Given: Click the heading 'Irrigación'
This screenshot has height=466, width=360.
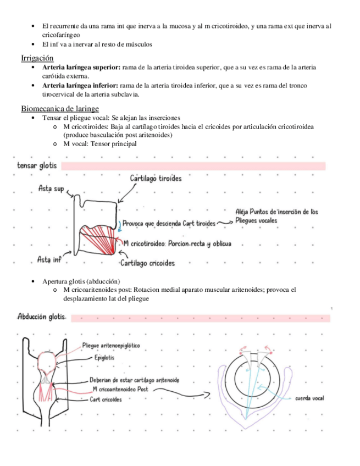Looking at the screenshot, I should coord(37,58).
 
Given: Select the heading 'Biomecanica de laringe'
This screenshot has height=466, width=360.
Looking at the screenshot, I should coord(60,108).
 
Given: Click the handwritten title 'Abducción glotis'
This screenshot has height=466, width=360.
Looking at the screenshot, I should coord(42,317).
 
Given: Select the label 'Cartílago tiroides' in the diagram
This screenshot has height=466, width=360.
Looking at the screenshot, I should coord(156,179).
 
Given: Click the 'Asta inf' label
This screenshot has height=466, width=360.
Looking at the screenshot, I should coord(49,258).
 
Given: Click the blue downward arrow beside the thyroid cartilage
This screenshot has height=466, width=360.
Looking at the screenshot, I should coord(119,223).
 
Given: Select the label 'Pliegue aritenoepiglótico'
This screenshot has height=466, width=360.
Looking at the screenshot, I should coord(111,346).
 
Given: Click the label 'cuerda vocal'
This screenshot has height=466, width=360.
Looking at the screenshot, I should coord(309,398).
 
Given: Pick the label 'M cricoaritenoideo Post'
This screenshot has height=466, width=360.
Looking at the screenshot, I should coord(120,389).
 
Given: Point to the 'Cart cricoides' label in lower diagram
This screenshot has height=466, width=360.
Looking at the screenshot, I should coord(106,400).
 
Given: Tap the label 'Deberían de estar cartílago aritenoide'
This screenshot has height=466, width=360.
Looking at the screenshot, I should coord(134,380).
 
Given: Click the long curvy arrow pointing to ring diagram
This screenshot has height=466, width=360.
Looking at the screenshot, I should coord(181,391).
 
